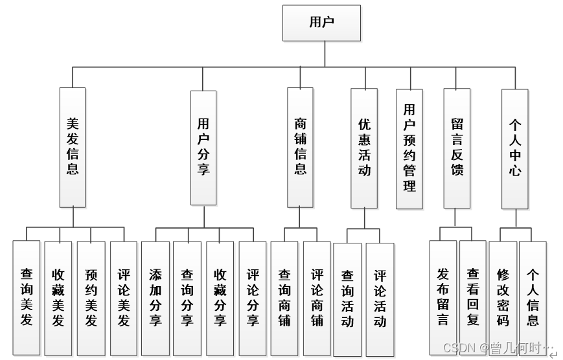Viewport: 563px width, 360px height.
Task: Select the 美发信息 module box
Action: [x=73, y=147]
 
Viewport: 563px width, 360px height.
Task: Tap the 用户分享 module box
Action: [x=203, y=147]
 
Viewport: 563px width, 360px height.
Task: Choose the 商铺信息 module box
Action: [x=300, y=147]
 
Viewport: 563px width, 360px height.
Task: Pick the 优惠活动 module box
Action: [x=364, y=148]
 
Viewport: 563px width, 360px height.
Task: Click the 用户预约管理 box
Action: [x=409, y=148]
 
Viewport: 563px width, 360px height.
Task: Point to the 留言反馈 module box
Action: [x=457, y=148]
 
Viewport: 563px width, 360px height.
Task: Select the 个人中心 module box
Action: [x=515, y=148]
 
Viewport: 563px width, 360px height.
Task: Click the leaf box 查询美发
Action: [x=27, y=297]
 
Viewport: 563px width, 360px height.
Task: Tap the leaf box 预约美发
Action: [x=91, y=297]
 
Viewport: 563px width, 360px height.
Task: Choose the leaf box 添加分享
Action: [x=155, y=297]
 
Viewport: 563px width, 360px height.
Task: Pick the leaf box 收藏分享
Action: [x=220, y=297]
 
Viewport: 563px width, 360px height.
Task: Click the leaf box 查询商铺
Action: [x=284, y=297]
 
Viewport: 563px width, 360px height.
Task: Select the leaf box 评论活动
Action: [x=380, y=298]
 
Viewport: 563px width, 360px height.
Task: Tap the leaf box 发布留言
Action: [x=443, y=297]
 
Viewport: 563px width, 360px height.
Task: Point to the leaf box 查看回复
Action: [x=473, y=297]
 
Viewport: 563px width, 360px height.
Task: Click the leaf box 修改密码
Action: [x=503, y=297]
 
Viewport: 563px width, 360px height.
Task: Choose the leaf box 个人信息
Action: [x=533, y=297]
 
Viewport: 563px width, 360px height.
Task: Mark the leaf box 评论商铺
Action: [x=317, y=297]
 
